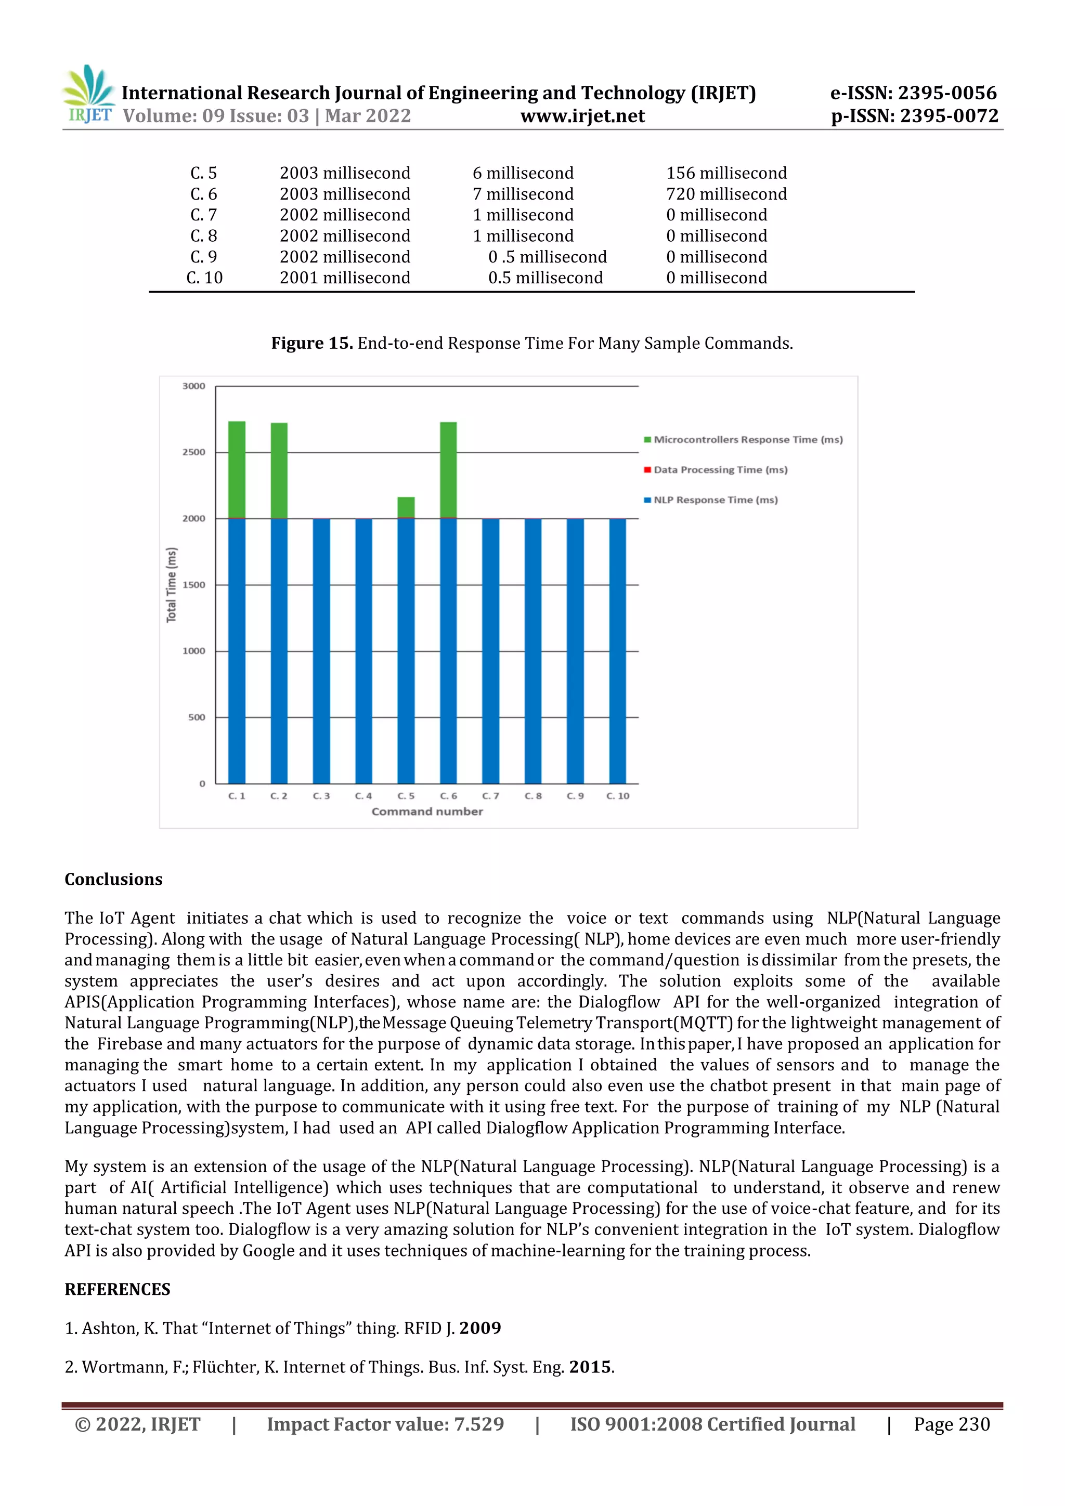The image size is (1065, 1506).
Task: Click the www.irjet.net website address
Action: tap(582, 116)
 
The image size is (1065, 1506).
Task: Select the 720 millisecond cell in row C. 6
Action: tap(726, 194)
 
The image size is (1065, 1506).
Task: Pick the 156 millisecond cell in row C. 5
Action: tap(726, 173)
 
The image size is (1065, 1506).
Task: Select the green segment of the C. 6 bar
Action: tap(448, 469)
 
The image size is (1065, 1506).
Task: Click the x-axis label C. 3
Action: tap(321, 796)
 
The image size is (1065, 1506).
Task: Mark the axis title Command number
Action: tap(426, 811)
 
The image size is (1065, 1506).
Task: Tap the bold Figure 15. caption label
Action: tap(311, 344)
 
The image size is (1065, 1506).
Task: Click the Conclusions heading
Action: tap(113, 880)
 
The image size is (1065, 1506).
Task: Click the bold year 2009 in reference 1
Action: tap(479, 1328)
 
